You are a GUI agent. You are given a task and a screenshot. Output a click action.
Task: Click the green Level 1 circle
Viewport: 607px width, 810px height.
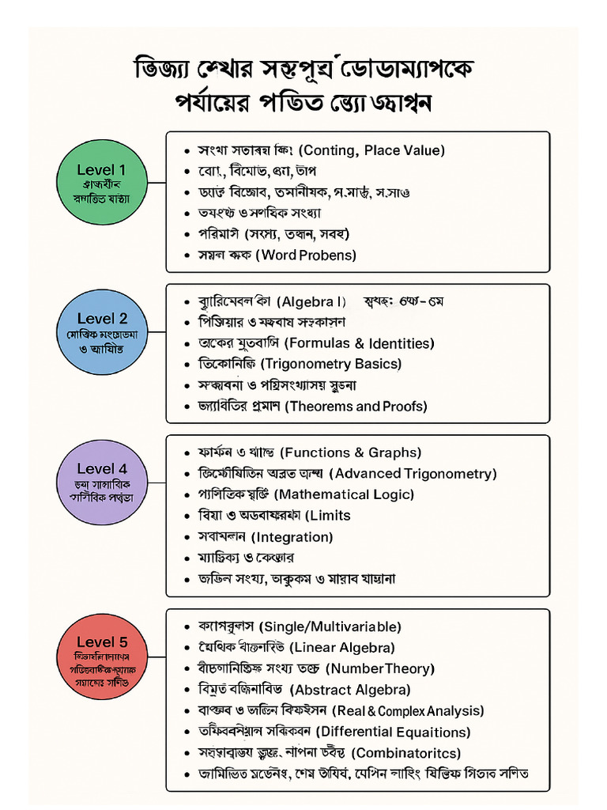101,182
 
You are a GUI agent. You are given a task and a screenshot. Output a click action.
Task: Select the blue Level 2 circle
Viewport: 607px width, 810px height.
102,331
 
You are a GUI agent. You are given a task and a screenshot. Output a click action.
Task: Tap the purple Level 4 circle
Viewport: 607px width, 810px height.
102,481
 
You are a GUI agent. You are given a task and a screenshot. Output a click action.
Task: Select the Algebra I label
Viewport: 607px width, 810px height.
314,302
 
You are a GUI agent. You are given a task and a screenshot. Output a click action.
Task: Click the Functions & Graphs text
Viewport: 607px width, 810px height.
352,452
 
